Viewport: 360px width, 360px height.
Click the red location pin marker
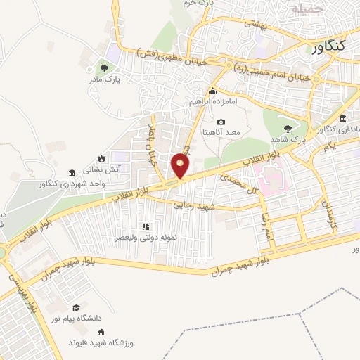[x=181, y=166]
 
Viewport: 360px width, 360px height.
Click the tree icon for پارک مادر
[x=104, y=68]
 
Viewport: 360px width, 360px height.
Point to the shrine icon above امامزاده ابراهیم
[x=213, y=91]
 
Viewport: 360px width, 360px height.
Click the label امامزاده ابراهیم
[x=214, y=101]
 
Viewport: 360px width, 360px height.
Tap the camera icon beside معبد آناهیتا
[x=221, y=122]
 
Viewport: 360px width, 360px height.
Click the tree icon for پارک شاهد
[x=288, y=127]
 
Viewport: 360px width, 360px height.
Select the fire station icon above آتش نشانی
[x=102, y=157]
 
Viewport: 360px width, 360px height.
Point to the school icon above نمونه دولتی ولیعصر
[x=146, y=226]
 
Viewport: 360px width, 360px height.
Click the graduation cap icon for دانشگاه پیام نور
[x=75, y=307]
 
